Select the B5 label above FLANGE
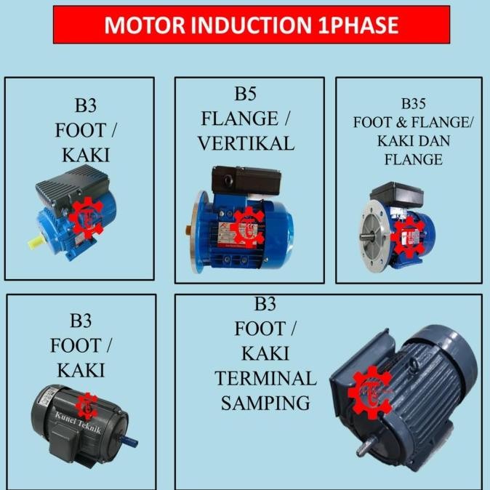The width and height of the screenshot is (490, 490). click(245, 94)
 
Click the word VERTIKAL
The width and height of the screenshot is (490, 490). click(246, 143)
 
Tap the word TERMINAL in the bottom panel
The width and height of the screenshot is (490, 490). click(265, 378)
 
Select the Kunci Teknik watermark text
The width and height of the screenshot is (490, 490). click(78, 417)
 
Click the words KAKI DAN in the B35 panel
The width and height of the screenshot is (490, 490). click(412, 141)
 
